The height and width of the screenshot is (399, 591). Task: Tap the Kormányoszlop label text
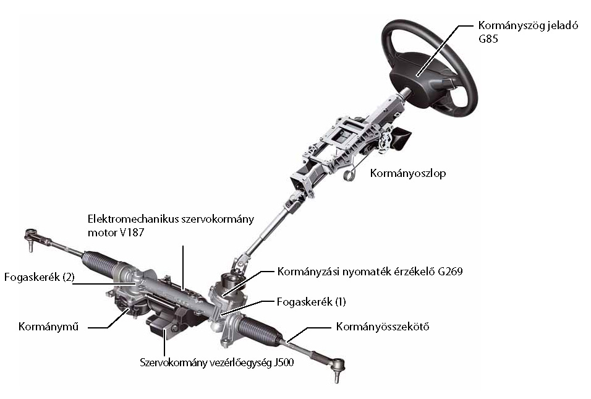tap(407, 174)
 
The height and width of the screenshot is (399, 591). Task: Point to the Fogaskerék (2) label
tap(39, 278)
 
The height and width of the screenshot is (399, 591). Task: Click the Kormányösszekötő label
tap(382, 327)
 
